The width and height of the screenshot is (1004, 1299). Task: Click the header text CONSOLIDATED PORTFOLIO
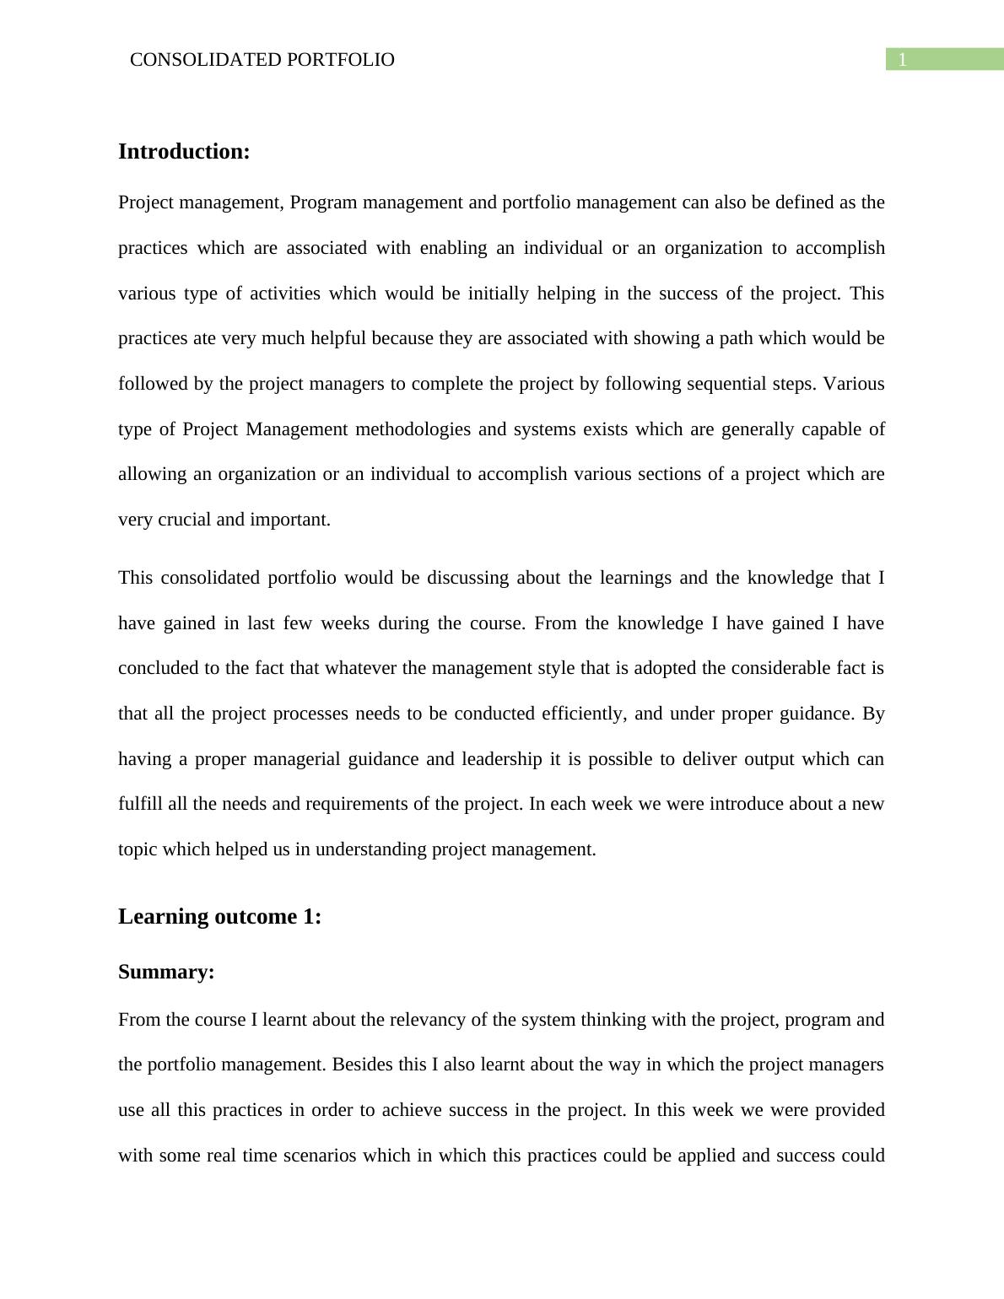pos(262,60)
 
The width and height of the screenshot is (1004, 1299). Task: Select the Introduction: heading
pos(184,152)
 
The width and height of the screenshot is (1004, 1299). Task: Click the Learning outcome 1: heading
pos(219,917)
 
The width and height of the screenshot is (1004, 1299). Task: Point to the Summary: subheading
pos(166,973)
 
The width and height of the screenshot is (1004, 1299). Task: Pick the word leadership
pos(501,759)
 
